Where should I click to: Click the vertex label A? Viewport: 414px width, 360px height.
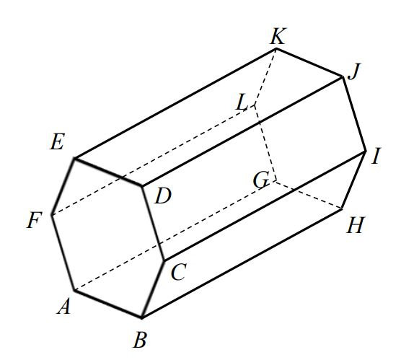[x=64, y=306]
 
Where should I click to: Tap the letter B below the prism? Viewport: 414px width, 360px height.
[x=140, y=340]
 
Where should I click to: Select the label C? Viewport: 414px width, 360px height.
[x=179, y=272]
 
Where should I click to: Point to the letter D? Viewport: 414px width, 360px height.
[x=163, y=196]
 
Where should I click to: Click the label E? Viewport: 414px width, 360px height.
[x=57, y=142]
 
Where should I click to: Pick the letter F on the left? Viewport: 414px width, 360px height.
[x=35, y=220]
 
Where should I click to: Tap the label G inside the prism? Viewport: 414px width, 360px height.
[x=261, y=180]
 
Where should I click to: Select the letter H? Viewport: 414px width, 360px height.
[x=356, y=225]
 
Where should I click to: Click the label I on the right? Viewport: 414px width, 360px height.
[x=376, y=156]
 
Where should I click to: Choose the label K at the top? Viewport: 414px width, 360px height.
[x=278, y=36]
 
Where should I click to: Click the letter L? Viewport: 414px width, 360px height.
[x=242, y=102]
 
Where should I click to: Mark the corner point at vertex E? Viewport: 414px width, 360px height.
[x=74, y=159]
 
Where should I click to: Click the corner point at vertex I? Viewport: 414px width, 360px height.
[x=366, y=151]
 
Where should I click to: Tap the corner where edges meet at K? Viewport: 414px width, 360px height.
[x=276, y=48]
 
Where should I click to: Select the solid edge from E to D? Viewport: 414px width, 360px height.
[x=108, y=172]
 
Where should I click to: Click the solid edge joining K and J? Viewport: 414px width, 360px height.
[x=309, y=63]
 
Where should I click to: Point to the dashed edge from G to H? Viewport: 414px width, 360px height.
[x=309, y=195]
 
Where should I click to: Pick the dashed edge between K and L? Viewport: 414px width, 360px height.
[x=265, y=77]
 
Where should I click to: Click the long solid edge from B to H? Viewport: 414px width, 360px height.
[x=242, y=263]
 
